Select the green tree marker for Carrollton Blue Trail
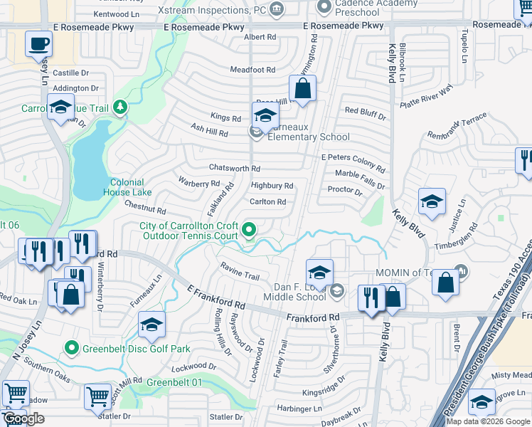[120, 107]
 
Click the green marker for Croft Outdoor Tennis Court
[248, 229]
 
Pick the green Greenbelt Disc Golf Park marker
[71, 348]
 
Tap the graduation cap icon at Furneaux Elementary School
[265, 114]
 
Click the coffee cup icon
[39, 43]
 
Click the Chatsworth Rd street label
[235, 169]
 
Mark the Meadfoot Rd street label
[252, 70]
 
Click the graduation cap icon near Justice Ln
[432, 201]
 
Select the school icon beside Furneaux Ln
[151, 325]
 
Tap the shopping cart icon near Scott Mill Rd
[97, 396]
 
